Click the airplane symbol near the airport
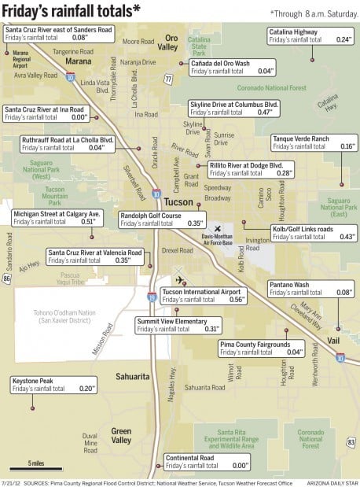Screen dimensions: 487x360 (180, 280)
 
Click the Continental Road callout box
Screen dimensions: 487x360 (207, 461)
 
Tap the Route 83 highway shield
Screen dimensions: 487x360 (351, 443)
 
